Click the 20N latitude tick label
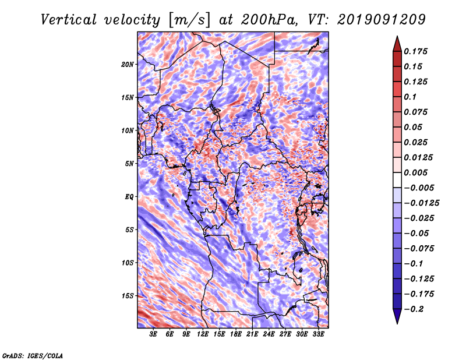128,64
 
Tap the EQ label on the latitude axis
129,196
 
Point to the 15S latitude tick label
128,295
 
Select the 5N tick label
129,164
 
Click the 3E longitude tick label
154,334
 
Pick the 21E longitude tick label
252,334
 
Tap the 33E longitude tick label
318,334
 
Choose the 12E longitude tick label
203,334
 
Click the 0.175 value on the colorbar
417,51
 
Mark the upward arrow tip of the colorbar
396,37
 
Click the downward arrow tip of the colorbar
396,322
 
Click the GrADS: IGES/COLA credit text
32,355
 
